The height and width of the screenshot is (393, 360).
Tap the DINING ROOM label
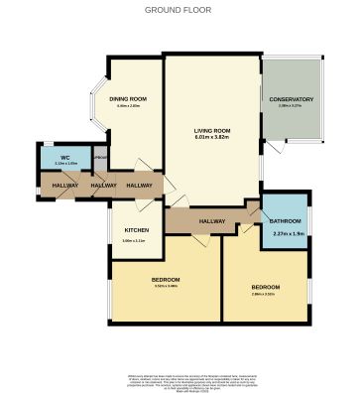pyautogui.click(x=128, y=99)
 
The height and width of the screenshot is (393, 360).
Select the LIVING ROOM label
pyautogui.click(x=212, y=130)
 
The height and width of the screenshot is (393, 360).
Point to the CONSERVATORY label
pyautogui.click(x=291, y=99)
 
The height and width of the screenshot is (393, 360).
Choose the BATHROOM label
pyautogui.click(x=285, y=221)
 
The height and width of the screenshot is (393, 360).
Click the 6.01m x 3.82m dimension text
pyautogui.click(x=212, y=138)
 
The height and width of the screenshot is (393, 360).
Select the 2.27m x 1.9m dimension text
pyautogui.click(x=287, y=233)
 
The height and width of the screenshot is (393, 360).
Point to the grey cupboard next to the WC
pyautogui.click(x=99, y=158)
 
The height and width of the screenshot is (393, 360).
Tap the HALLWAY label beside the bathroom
pyautogui.click(x=211, y=221)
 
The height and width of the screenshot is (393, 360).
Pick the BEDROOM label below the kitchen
pyautogui.click(x=166, y=279)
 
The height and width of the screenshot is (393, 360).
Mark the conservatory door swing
pyautogui.click(x=269, y=149)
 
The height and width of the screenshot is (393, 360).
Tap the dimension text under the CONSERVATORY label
pyautogui.click(x=291, y=107)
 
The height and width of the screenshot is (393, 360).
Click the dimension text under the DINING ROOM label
pyautogui.click(x=128, y=107)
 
